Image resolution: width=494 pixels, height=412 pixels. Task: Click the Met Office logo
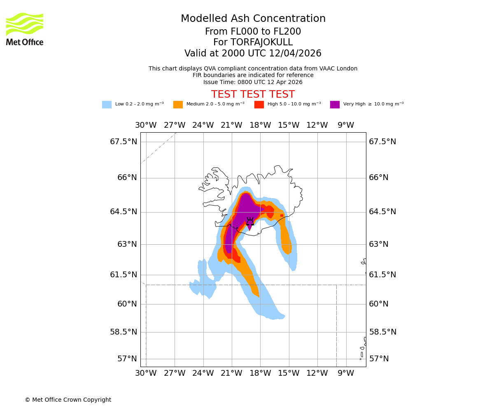pyautogui.click(x=25, y=29)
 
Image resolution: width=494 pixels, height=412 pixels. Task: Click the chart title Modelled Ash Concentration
pyautogui.click(x=253, y=19)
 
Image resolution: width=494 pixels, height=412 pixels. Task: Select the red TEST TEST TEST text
pyautogui.click(x=253, y=94)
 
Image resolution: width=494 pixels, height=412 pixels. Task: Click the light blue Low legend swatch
pyautogui.click(x=107, y=105)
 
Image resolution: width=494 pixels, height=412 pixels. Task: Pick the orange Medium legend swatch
pyautogui.click(x=178, y=105)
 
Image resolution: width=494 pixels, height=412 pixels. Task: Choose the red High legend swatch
pyautogui.click(x=259, y=105)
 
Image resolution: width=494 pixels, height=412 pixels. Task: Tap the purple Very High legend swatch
pyautogui.click(x=335, y=105)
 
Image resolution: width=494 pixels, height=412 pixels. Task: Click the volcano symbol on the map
pyautogui.click(x=250, y=222)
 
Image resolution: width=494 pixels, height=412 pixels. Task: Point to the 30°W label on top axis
pyautogui.click(x=146, y=125)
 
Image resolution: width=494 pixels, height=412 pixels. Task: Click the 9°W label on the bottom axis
pyautogui.click(x=346, y=373)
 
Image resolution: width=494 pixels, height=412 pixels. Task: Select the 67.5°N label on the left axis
pyautogui.click(x=123, y=142)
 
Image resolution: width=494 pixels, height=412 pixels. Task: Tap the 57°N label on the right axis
pyautogui.click(x=379, y=359)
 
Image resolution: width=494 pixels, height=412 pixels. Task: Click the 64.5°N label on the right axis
pyautogui.click(x=382, y=212)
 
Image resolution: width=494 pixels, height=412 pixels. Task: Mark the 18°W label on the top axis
pyautogui.click(x=260, y=125)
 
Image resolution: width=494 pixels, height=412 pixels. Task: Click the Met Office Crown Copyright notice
pyautogui.click(x=68, y=400)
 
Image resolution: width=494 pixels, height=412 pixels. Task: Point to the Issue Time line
pyautogui.click(x=253, y=82)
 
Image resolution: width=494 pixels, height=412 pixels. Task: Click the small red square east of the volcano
pyautogui.click(x=282, y=215)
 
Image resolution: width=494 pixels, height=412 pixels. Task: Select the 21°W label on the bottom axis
pyautogui.click(x=231, y=373)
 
